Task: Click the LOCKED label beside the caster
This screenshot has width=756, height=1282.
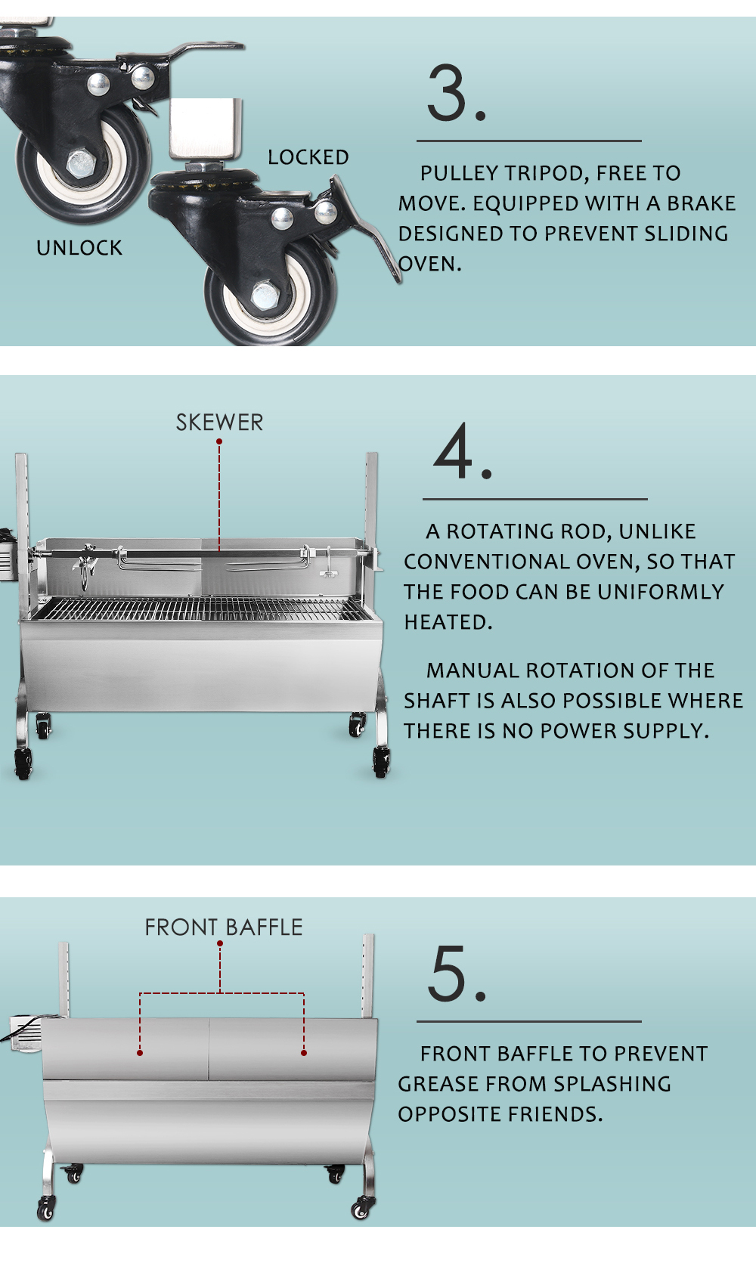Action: pyautogui.click(x=308, y=157)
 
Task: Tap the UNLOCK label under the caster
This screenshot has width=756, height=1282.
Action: pyautogui.click(x=79, y=248)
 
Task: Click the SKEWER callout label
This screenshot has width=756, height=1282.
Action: pyautogui.click(x=219, y=423)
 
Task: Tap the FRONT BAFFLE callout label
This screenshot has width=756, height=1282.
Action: pyautogui.click(x=224, y=927)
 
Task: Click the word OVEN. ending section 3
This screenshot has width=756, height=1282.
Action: pyautogui.click(x=430, y=265)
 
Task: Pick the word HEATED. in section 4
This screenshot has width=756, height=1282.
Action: pyautogui.click(x=448, y=622)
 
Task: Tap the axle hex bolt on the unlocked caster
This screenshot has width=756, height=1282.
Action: pyautogui.click(x=80, y=164)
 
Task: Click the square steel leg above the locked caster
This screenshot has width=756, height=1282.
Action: pyautogui.click(x=206, y=129)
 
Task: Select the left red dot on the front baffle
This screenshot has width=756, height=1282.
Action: pyautogui.click(x=140, y=1053)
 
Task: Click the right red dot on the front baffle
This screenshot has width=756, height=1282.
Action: pyautogui.click(x=304, y=1053)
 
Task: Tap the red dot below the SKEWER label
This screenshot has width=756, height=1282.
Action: pyautogui.click(x=219, y=442)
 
